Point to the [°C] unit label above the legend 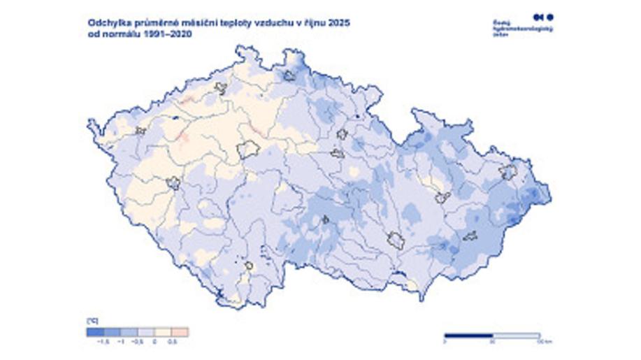(92, 321)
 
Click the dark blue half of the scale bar (468, 336)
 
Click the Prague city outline (248, 149)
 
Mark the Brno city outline (396, 241)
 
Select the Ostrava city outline (507, 171)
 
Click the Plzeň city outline (173, 183)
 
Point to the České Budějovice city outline (248, 266)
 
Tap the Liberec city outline (289, 75)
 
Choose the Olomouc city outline (442, 198)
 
